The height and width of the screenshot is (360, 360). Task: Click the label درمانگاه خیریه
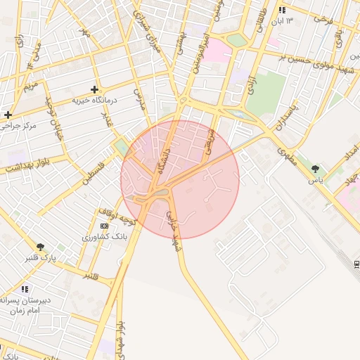96,101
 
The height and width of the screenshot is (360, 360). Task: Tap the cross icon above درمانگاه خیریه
94,89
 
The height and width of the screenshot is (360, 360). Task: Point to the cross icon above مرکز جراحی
8,115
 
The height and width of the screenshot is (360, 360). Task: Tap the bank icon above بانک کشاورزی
105,226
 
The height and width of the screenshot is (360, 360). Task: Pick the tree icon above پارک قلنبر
40,247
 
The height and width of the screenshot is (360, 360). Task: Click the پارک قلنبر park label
40,258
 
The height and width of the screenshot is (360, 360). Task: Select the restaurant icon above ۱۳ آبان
282,11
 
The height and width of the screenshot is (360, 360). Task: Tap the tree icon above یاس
314,169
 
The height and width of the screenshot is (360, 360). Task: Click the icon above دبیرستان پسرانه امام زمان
25,289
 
